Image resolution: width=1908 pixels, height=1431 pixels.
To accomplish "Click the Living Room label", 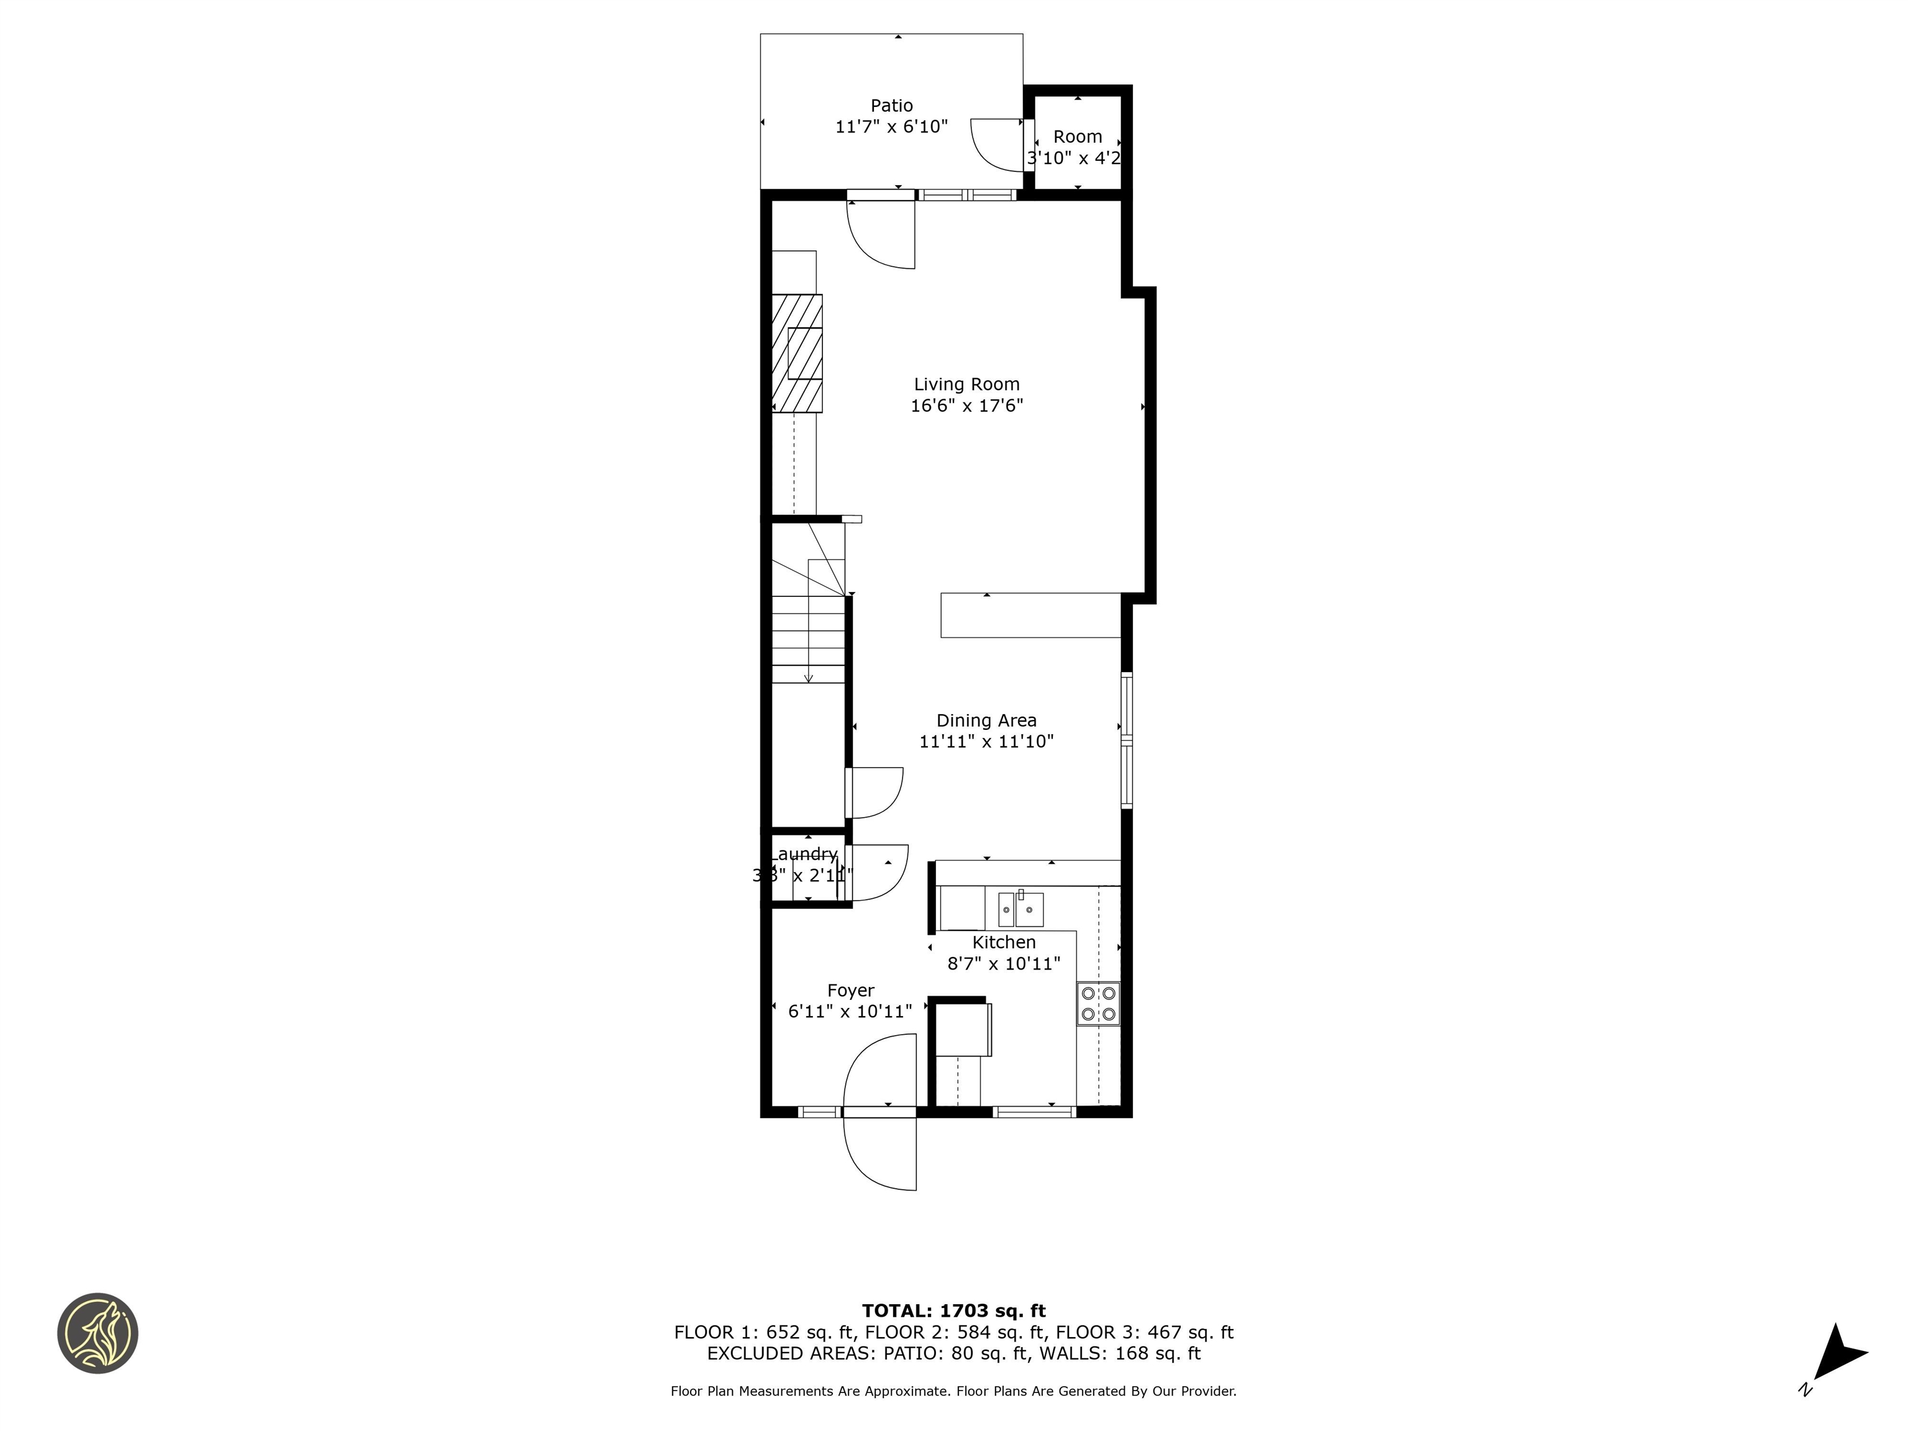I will (x=966, y=384).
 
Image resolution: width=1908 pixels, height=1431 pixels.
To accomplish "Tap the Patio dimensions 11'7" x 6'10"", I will (x=891, y=127).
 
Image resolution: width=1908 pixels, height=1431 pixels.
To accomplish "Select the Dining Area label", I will (x=986, y=720).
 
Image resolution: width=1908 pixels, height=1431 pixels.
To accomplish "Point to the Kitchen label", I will (x=1003, y=943).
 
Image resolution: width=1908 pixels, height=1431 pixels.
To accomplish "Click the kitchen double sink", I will (x=1020, y=909).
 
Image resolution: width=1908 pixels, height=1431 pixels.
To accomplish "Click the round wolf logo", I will (x=98, y=1333).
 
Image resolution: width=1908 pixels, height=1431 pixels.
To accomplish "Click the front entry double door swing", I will (x=880, y=1113).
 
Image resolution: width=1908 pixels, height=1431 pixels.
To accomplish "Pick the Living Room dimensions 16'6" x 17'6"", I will (x=966, y=406).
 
